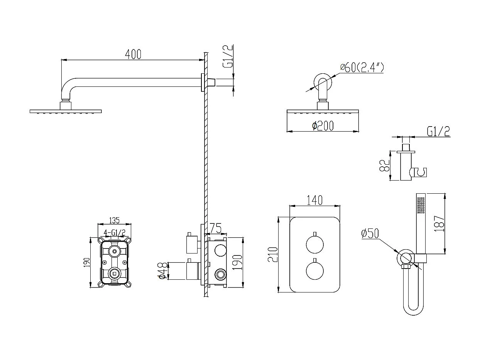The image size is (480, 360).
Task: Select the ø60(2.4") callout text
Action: tap(362, 68)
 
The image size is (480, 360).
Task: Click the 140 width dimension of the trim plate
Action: tap(314, 200)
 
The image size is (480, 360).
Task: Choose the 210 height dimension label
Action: tap(273, 255)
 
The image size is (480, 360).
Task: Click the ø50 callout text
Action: tap(370, 233)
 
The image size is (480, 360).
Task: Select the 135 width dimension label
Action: tap(114, 220)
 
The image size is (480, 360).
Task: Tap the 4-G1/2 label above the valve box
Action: tap(115, 232)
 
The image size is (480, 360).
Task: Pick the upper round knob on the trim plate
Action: tap(315, 245)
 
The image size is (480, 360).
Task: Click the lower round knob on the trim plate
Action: tap(315, 270)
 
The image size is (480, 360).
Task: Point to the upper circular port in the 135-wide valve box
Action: tap(114, 252)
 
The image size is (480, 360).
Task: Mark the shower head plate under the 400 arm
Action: tap(66, 112)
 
